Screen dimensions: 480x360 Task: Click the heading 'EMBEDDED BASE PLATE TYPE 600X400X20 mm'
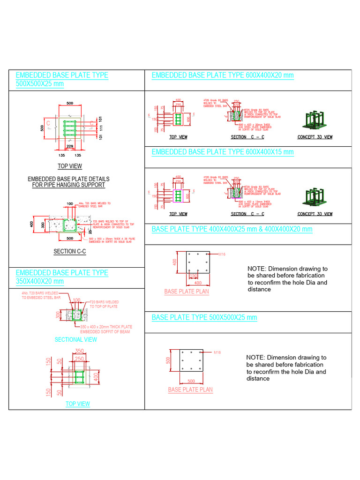pos(223,75)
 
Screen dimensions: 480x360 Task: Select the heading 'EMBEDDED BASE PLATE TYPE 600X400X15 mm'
pos(223,152)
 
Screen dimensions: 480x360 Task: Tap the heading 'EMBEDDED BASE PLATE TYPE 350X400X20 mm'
pos(62,277)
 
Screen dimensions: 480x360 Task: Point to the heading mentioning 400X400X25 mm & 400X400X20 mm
pos(232,229)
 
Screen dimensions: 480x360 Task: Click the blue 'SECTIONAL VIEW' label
pos(75,339)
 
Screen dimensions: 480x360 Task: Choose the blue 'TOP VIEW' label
pos(78,404)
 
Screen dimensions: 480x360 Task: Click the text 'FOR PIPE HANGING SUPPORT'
pos(69,185)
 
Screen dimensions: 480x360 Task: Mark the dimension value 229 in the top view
pos(70,146)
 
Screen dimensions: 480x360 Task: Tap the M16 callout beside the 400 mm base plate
pos(223,254)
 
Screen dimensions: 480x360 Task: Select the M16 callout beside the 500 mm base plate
pos(217,352)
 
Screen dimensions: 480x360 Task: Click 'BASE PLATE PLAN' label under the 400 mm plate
pos(186,292)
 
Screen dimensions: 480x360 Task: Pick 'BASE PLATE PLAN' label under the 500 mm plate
pos(190,390)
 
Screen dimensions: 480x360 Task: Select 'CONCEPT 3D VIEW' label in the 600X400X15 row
pos(315,214)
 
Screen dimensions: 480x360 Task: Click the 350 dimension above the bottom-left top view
pos(79,351)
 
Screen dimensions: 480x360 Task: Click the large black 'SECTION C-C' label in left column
pos(70,252)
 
